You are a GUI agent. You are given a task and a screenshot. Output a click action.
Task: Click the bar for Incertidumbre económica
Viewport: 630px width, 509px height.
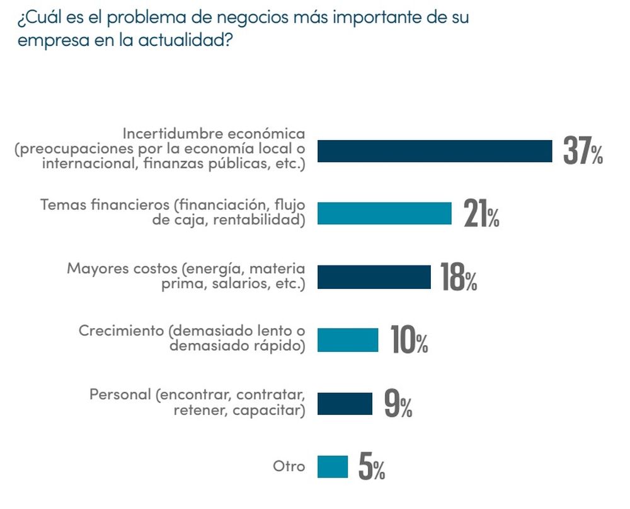(435, 151)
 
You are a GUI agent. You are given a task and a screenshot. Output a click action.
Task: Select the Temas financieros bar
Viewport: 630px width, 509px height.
(384, 214)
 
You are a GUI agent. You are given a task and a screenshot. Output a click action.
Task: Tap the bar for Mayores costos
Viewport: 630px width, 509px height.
(374, 277)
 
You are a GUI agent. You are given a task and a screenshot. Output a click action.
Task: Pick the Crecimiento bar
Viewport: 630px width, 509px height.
(348, 340)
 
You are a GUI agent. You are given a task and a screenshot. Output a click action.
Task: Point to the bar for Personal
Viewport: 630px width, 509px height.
(345, 404)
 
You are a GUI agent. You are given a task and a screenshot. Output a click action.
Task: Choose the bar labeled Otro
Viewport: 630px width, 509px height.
(333, 467)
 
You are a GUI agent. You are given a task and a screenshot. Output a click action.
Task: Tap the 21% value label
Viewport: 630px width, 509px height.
(481, 214)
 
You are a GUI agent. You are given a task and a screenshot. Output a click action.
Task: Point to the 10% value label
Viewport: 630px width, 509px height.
(409, 341)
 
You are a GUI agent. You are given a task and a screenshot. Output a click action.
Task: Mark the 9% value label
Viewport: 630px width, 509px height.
(398, 404)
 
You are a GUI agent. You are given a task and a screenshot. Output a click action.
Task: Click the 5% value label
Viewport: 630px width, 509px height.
(372, 467)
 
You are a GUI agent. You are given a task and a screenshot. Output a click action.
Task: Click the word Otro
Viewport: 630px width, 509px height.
(289, 467)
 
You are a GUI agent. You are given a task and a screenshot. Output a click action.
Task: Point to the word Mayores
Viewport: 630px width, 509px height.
(93, 267)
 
